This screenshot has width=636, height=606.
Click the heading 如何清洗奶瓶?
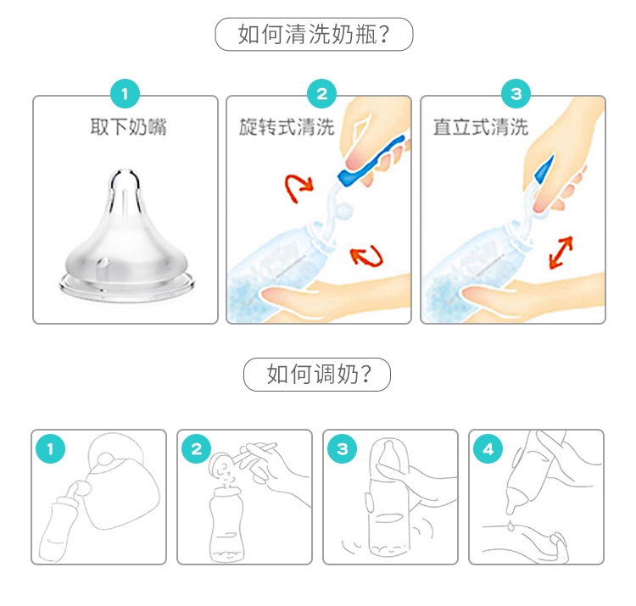pyautogui.click(x=314, y=34)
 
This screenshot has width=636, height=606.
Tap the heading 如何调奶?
pyautogui.click(x=319, y=374)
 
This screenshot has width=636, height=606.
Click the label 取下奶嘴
pyautogui.click(x=128, y=127)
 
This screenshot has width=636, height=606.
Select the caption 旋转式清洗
pyautogui.click(x=287, y=127)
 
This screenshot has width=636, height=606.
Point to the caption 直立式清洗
pyautogui.click(x=481, y=127)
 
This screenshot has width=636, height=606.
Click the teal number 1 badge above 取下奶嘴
pyautogui.click(x=125, y=93)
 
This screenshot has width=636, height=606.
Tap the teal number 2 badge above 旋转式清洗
pyautogui.click(x=321, y=93)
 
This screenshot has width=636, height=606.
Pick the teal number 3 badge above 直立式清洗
pyautogui.click(x=516, y=93)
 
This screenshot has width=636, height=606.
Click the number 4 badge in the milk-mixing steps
pyautogui.click(x=488, y=448)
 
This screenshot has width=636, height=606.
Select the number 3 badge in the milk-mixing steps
pyautogui.click(x=343, y=448)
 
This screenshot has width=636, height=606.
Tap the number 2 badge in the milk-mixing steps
pyautogui.click(x=197, y=448)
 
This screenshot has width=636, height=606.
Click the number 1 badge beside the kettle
pyautogui.click(x=50, y=448)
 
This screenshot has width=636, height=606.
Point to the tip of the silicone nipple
pyautogui.click(x=126, y=172)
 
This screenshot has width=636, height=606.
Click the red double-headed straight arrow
pyautogui.click(x=561, y=253)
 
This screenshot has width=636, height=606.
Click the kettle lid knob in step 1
pyautogui.click(x=107, y=459)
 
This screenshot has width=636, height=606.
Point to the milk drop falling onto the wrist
pyautogui.click(x=510, y=525)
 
